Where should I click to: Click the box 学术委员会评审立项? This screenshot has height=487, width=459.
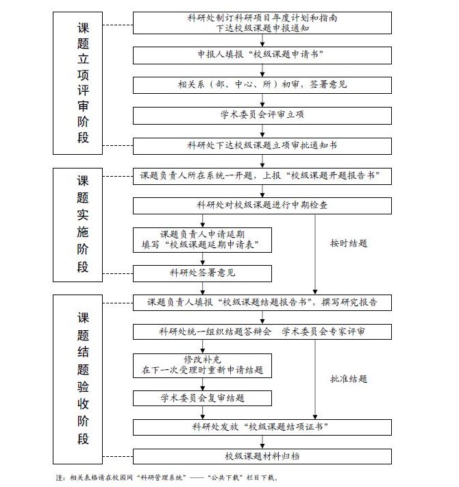click(262, 116)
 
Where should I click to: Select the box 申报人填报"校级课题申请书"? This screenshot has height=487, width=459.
click(262, 55)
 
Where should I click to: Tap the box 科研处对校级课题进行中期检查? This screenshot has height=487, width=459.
click(262, 206)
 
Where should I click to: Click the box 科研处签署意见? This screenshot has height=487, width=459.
click(202, 273)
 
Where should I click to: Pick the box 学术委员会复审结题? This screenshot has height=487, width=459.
click(202, 398)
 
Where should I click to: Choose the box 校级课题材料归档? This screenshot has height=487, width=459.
click(262, 456)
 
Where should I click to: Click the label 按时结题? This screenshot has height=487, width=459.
click(349, 243)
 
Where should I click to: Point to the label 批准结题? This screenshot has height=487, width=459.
click(349, 379)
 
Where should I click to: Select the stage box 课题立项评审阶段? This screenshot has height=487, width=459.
click(77, 84)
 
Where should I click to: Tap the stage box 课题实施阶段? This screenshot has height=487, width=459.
click(77, 225)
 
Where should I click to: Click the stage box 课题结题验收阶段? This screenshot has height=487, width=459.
click(77, 379)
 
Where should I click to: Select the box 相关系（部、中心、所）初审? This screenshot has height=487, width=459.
click(262, 85)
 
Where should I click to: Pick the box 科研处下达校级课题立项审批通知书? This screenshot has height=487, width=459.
click(262, 146)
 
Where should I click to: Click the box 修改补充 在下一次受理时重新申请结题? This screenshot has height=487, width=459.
click(202, 366)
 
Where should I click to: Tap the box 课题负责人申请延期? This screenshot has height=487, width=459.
click(202, 240)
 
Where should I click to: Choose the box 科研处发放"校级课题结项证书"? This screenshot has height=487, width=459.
click(262, 427)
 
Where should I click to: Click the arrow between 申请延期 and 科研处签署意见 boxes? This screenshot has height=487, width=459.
click(203, 259)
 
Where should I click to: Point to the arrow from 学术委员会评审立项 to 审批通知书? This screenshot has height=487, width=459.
click(262, 131)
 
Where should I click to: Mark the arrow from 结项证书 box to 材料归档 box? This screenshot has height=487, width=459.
click(262, 442)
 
